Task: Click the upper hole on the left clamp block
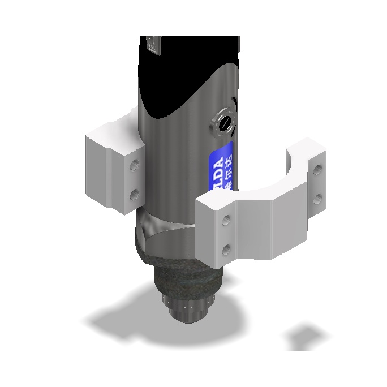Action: pos(134,166)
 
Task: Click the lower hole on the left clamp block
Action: pos(134,195)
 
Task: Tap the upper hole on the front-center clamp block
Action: pos(227,218)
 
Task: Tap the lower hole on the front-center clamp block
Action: pos(227,248)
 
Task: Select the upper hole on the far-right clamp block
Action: pos(317,169)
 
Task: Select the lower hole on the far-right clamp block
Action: pos(317,198)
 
